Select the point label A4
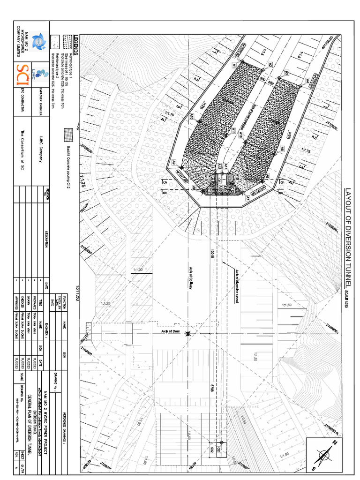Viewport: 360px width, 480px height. (x=307, y=81)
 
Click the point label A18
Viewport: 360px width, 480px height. (x=240, y=135)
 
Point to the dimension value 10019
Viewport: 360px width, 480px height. (x=212, y=254)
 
